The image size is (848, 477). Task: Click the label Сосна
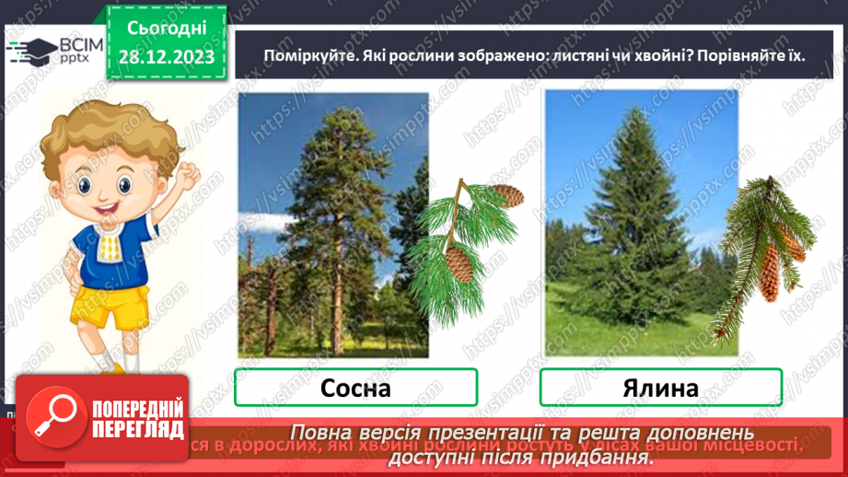tap(355, 388)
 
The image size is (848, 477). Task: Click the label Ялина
tap(660, 388)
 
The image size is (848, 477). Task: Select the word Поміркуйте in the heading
tap(296, 55)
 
